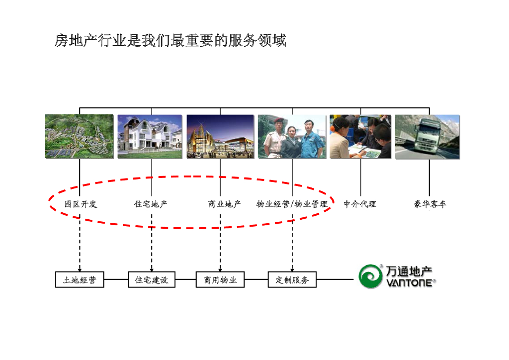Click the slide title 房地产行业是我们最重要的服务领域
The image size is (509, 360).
pos(170,40)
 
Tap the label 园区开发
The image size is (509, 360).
pos(81,204)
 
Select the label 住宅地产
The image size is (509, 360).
pos(151,204)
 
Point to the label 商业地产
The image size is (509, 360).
pos(224,204)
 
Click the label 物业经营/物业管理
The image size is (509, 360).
pos(292,204)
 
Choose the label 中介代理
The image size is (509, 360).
pos(360,204)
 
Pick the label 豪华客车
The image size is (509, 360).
pos(430,204)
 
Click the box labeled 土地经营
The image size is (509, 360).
pos(80,280)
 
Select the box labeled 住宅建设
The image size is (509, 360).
pos(152,280)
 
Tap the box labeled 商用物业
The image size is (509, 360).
pos(220,280)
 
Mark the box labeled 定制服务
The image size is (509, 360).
pos(292,280)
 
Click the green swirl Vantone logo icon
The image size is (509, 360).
pos(371,276)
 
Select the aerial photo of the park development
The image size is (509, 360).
pos(80,137)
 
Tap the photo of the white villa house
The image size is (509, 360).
pos(150,137)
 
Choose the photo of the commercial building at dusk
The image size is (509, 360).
pos(220,137)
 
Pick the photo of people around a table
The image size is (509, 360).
pos(360,137)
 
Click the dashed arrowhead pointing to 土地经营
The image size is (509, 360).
pos(80,269)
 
